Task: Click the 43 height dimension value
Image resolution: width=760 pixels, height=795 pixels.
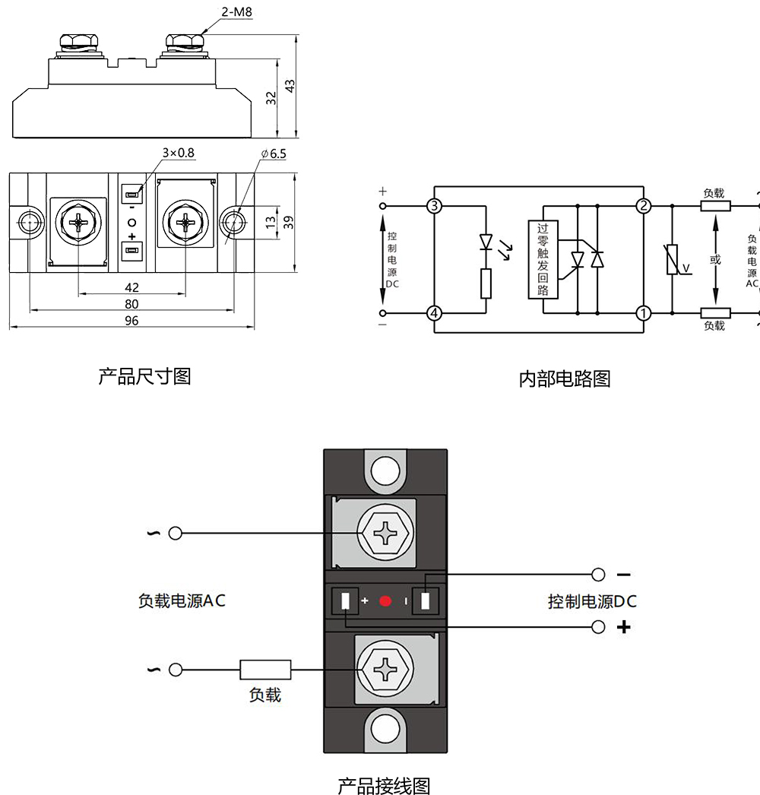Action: click(290, 86)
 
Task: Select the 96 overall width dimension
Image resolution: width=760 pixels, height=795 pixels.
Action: click(131, 321)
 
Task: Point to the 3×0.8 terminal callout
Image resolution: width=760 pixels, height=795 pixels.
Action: click(178, 153)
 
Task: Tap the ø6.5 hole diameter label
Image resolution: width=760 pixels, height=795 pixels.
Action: click(274, 154)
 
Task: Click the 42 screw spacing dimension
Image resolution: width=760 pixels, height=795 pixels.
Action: click(131, 287)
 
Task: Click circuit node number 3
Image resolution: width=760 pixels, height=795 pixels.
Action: click(434, 206)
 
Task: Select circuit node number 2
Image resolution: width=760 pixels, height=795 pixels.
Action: click(644, 206)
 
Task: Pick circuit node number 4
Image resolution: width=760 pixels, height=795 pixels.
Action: click(434, 312)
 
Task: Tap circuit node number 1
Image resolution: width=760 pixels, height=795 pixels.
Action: click(644, 312)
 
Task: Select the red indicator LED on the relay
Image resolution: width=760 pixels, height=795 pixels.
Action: click(385, 601)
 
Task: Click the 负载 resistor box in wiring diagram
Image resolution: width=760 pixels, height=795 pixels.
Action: click(265, 670)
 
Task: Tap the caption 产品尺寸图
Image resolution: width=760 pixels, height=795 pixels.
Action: click(144, 375)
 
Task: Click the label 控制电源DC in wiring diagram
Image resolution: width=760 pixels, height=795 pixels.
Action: click(592, 602)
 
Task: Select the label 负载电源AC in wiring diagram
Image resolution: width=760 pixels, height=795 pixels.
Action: click(182, 600)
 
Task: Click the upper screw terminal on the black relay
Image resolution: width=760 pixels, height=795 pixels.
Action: click(386, 533)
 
